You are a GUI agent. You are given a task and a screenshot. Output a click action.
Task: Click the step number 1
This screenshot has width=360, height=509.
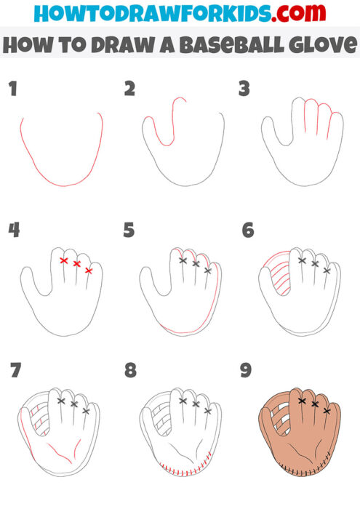(x=12, y=89)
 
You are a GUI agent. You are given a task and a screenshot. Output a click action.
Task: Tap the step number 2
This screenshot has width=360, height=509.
(x=130, y=89)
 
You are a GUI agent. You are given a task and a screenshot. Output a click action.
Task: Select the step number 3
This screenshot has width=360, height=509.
(x=244, y=89)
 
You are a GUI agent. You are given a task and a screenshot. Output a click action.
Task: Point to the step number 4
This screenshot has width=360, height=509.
(x=13, y=231)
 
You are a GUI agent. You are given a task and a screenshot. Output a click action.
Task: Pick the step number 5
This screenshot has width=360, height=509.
(x=130, y=231)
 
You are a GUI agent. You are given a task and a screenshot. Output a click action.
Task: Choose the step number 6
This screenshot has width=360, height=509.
(x=247, y=231)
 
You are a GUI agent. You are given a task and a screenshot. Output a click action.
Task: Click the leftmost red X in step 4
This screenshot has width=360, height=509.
(x=64, y=260)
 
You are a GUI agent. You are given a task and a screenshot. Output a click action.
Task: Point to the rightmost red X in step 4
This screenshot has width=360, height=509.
(x=89, y=270)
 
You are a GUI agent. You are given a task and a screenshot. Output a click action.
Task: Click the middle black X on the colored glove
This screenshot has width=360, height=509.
(x=314, y=403)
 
